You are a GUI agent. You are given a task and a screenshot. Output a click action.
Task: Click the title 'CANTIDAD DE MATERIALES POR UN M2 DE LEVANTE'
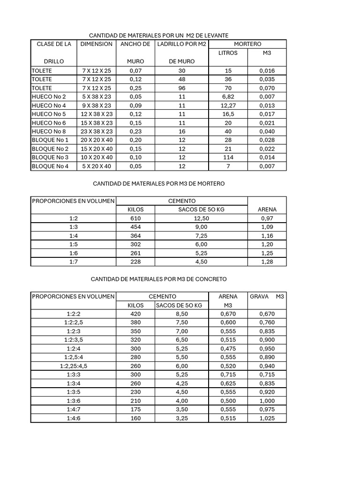point(158,35)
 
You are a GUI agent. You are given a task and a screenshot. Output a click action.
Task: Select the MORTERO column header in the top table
point(247,44)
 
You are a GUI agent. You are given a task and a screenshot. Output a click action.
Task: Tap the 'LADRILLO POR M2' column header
point(182,44)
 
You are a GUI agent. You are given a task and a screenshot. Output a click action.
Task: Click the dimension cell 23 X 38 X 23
point(97,131)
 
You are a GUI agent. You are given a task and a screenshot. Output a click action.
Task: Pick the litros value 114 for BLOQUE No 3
point(228,157)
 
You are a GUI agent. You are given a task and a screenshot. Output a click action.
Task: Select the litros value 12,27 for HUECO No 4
point(228,105)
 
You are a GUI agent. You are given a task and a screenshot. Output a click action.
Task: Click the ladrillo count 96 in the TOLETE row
point(182,88)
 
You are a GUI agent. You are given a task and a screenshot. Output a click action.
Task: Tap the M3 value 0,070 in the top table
point(267,88)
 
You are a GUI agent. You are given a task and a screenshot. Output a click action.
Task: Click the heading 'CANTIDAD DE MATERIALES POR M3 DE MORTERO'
point(158,184)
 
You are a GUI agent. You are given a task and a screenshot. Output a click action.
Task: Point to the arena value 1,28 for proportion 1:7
point(267,262)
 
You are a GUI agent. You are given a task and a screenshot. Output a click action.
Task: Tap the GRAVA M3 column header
point(267,297)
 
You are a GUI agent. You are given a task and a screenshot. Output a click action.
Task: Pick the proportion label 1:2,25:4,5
point(73,366)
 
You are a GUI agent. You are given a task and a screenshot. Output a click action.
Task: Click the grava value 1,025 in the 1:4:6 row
point(267,418)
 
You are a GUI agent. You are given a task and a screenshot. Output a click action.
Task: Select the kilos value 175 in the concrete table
point(135,410)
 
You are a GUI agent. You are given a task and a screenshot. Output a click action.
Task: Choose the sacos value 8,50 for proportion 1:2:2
point(181,314)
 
